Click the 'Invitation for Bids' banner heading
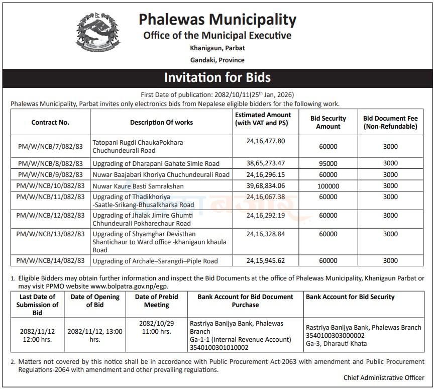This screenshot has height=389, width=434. click(x=217, y=77)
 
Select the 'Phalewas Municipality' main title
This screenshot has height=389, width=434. click(x=217, y=20)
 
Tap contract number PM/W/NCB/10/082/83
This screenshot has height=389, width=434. click(x=50, y=186)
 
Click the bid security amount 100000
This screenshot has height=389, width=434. click(x=328, y=186)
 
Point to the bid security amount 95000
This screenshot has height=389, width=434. click(x=328, y=163)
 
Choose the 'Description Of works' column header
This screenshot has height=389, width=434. click(x=161, y=122)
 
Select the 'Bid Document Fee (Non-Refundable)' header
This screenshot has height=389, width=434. click(x=390, y=123)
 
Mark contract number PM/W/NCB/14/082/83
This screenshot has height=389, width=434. click(x=50, y=261)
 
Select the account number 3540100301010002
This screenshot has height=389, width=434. click(x=219, y=347)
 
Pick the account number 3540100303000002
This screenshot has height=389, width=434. click(x=335, y=335)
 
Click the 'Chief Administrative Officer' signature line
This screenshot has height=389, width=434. click(x=384, y=377)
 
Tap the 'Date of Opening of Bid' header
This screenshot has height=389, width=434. click(x=95, y=301)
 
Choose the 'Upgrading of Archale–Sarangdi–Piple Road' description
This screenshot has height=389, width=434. click(x=155, y=261)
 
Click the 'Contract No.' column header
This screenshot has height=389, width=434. click(x=50, y=122)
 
